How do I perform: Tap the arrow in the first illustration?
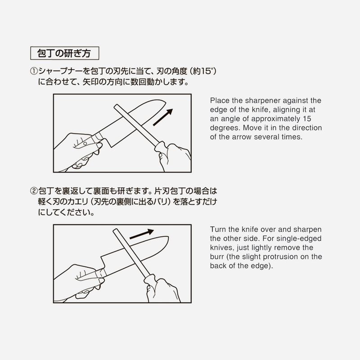coord(162,117)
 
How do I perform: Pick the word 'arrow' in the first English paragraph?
coord(252,137)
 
